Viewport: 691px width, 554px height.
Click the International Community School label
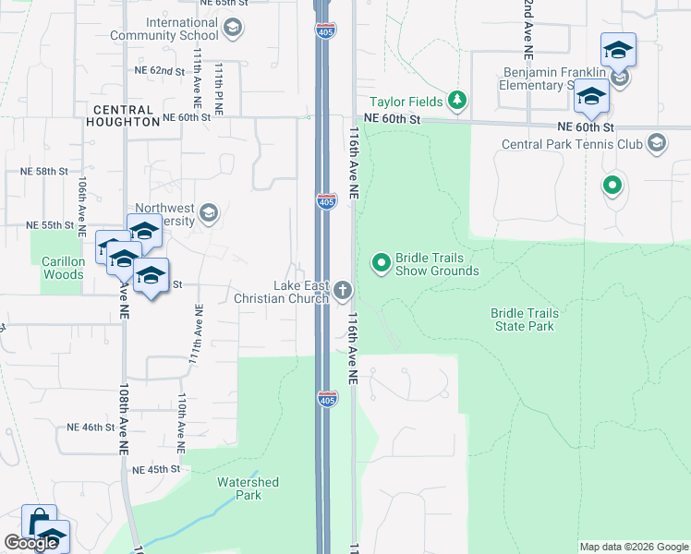[x=164, y=29]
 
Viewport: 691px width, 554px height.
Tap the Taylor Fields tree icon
[x=456, y=100]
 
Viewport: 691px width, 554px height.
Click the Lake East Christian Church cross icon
[x=343, y=292]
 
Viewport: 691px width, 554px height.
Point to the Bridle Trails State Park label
[x=524, y=319]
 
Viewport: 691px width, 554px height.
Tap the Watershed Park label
[x=247, y=488]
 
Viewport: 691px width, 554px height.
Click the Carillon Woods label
[x=63, y=268]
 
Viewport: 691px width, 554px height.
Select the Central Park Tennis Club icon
[x=656, y=143]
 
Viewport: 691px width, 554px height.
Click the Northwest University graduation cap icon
[x=208, y=214]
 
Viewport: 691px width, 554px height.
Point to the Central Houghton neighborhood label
[x=123, y=114]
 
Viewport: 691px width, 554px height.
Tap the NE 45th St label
[x=156, y=469]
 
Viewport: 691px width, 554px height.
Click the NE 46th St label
[x=91, y=428]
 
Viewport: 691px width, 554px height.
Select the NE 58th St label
[x=44, y=172]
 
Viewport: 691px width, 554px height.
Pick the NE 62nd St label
[x=161, y=70]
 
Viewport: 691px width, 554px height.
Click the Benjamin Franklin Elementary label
[x=554, y=78]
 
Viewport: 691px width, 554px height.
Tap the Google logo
[x=30, y=543]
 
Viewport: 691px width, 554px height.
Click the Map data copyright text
[x=633, y=547]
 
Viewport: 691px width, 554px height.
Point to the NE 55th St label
[x=50, y=224]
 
